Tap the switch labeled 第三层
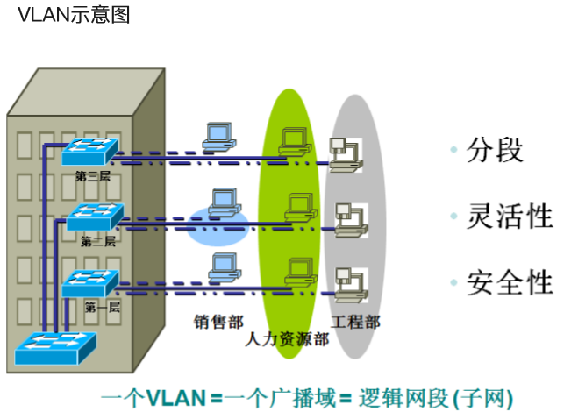tap(90, 152)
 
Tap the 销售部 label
tap(219, 321)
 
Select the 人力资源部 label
tap(288, 338)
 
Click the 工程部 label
tap(355, 321)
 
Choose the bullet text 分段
tap(496, 150)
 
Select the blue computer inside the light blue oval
tap(225, 202)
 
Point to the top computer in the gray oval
tap(343, 151)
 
